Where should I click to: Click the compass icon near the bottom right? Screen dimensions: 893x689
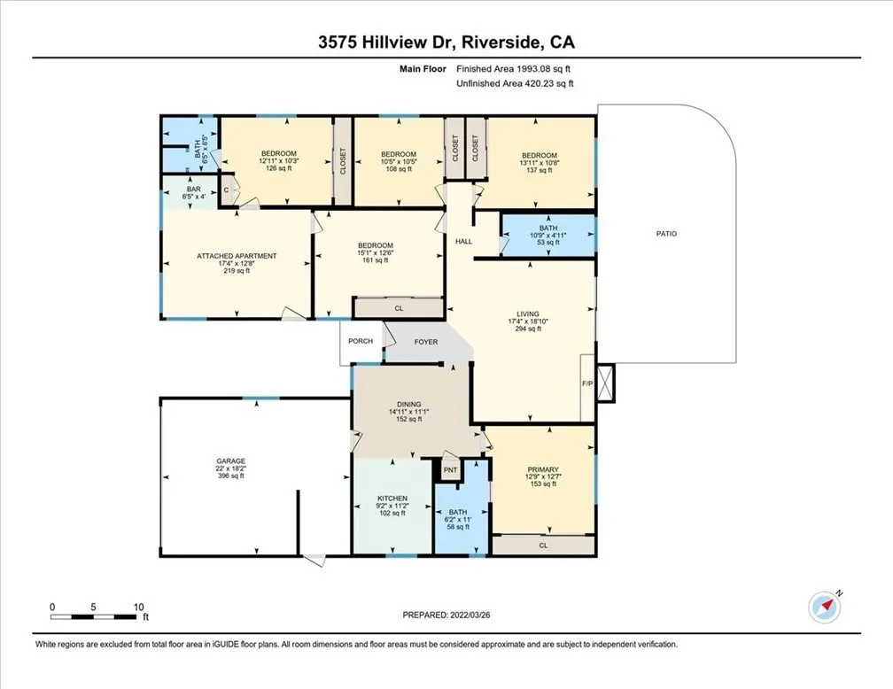825,607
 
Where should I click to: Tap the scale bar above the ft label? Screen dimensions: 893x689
94,616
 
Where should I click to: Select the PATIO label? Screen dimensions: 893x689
666,234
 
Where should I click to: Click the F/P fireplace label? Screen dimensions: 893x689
587,383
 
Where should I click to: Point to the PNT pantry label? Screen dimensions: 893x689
450,469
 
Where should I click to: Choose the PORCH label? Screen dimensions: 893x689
361,341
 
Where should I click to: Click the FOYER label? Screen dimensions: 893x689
426,342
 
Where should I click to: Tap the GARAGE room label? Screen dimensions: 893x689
230,461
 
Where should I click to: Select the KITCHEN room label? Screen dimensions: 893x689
392,499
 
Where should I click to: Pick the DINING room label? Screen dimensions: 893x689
409,405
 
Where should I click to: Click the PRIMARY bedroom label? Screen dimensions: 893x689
542,469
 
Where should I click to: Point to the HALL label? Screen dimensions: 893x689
463,242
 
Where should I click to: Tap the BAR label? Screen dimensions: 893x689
194,189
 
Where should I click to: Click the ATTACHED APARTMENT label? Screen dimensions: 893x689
237,256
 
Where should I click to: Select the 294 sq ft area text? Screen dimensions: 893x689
528,329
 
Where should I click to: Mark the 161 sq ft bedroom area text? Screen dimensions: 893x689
376,260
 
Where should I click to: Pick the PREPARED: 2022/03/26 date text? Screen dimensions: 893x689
446,615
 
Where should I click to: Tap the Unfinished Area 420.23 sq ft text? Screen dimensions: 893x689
515,84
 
